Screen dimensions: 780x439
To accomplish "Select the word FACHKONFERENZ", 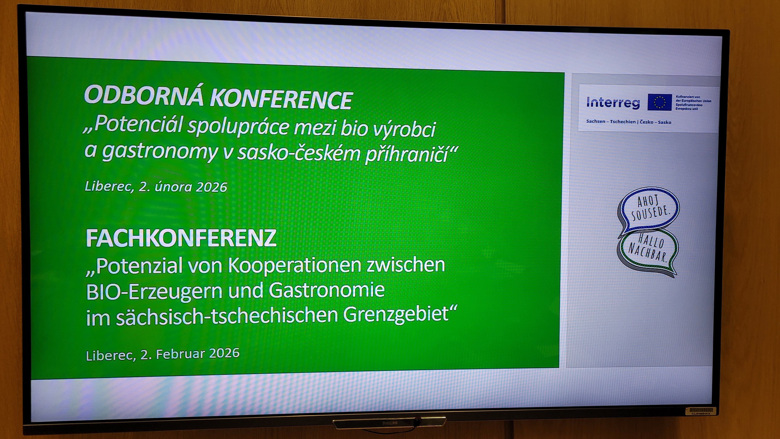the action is pos(181,238).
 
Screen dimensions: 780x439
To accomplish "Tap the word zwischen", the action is pos(406,264).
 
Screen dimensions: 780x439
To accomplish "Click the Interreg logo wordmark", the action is pos(613,102).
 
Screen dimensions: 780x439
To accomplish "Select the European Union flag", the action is pos(659,102).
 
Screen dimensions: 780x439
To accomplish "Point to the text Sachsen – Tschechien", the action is pos(611,122).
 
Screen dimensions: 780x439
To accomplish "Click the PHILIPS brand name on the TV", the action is pos(390,423).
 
